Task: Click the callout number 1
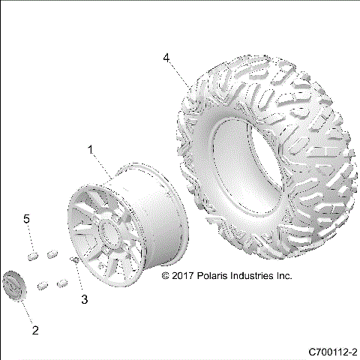91,150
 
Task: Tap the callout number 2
34,329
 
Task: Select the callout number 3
85,299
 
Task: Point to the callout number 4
166,57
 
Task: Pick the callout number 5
27,218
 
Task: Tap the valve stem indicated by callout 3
76,259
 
